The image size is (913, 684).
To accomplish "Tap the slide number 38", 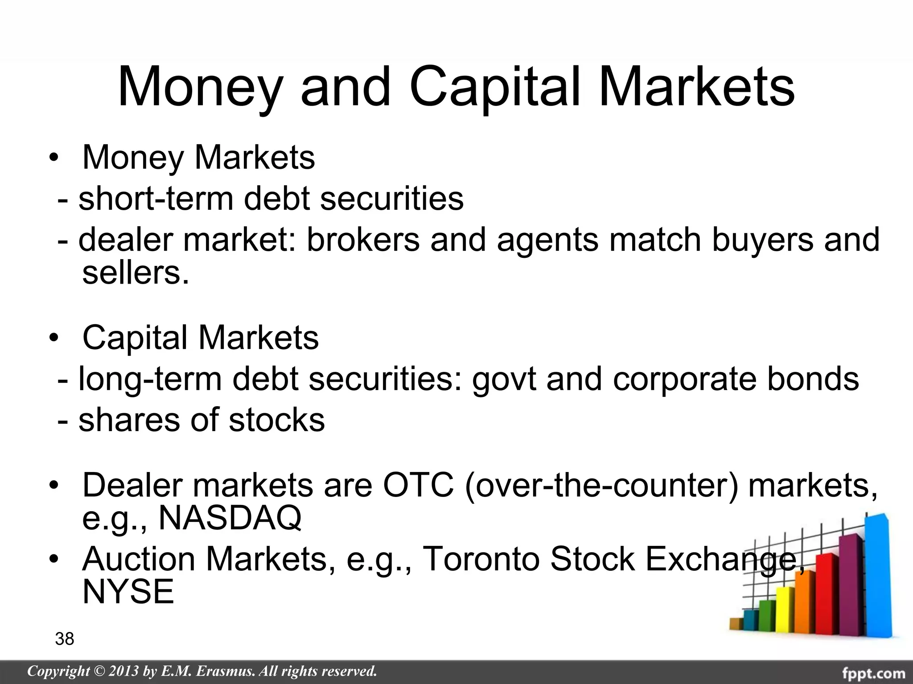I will tap(65, 639).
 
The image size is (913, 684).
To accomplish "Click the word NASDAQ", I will tap(230, 517).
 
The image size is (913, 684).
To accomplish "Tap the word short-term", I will tap(156, 199).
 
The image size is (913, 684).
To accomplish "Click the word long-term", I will tap(150, 380).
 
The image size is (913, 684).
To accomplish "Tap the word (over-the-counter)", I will tap(601, 485).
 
